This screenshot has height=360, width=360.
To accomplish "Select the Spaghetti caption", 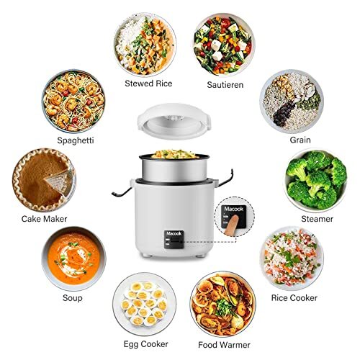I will point(74,139).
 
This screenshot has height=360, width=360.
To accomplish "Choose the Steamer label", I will point(317,219).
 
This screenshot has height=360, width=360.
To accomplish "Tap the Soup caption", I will point(73,297).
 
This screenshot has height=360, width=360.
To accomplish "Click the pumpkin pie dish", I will point(44,179).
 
